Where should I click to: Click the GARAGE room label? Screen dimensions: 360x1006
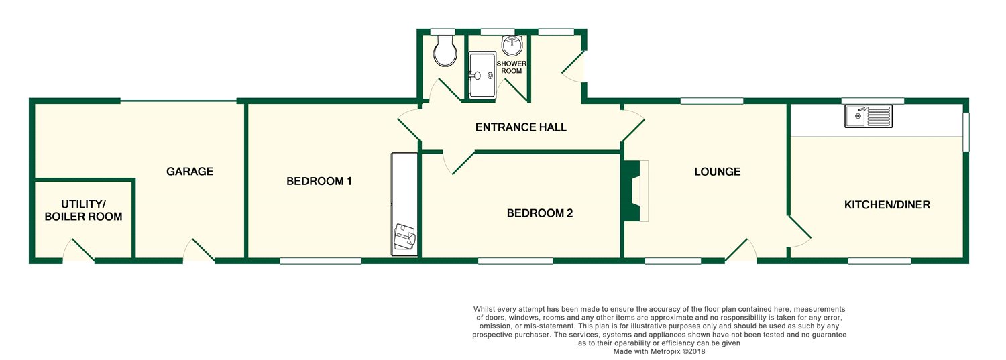[x=190, y=172]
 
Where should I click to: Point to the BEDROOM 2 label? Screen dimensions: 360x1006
[x=539, y=213]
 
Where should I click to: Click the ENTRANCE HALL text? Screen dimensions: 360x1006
[x=520, y=127]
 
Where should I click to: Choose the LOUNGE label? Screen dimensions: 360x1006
[x=717, y=172]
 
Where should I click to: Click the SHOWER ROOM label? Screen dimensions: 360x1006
[x=511, y=67]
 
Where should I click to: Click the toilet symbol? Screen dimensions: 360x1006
[x=444, y=51]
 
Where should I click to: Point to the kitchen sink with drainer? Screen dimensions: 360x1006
[x=869, y=117]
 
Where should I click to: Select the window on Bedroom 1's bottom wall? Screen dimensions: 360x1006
[x=321, y=261]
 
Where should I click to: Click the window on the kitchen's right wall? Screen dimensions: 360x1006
[x=966, y=131]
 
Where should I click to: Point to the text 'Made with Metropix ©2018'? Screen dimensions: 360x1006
[x=659, y=351]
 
